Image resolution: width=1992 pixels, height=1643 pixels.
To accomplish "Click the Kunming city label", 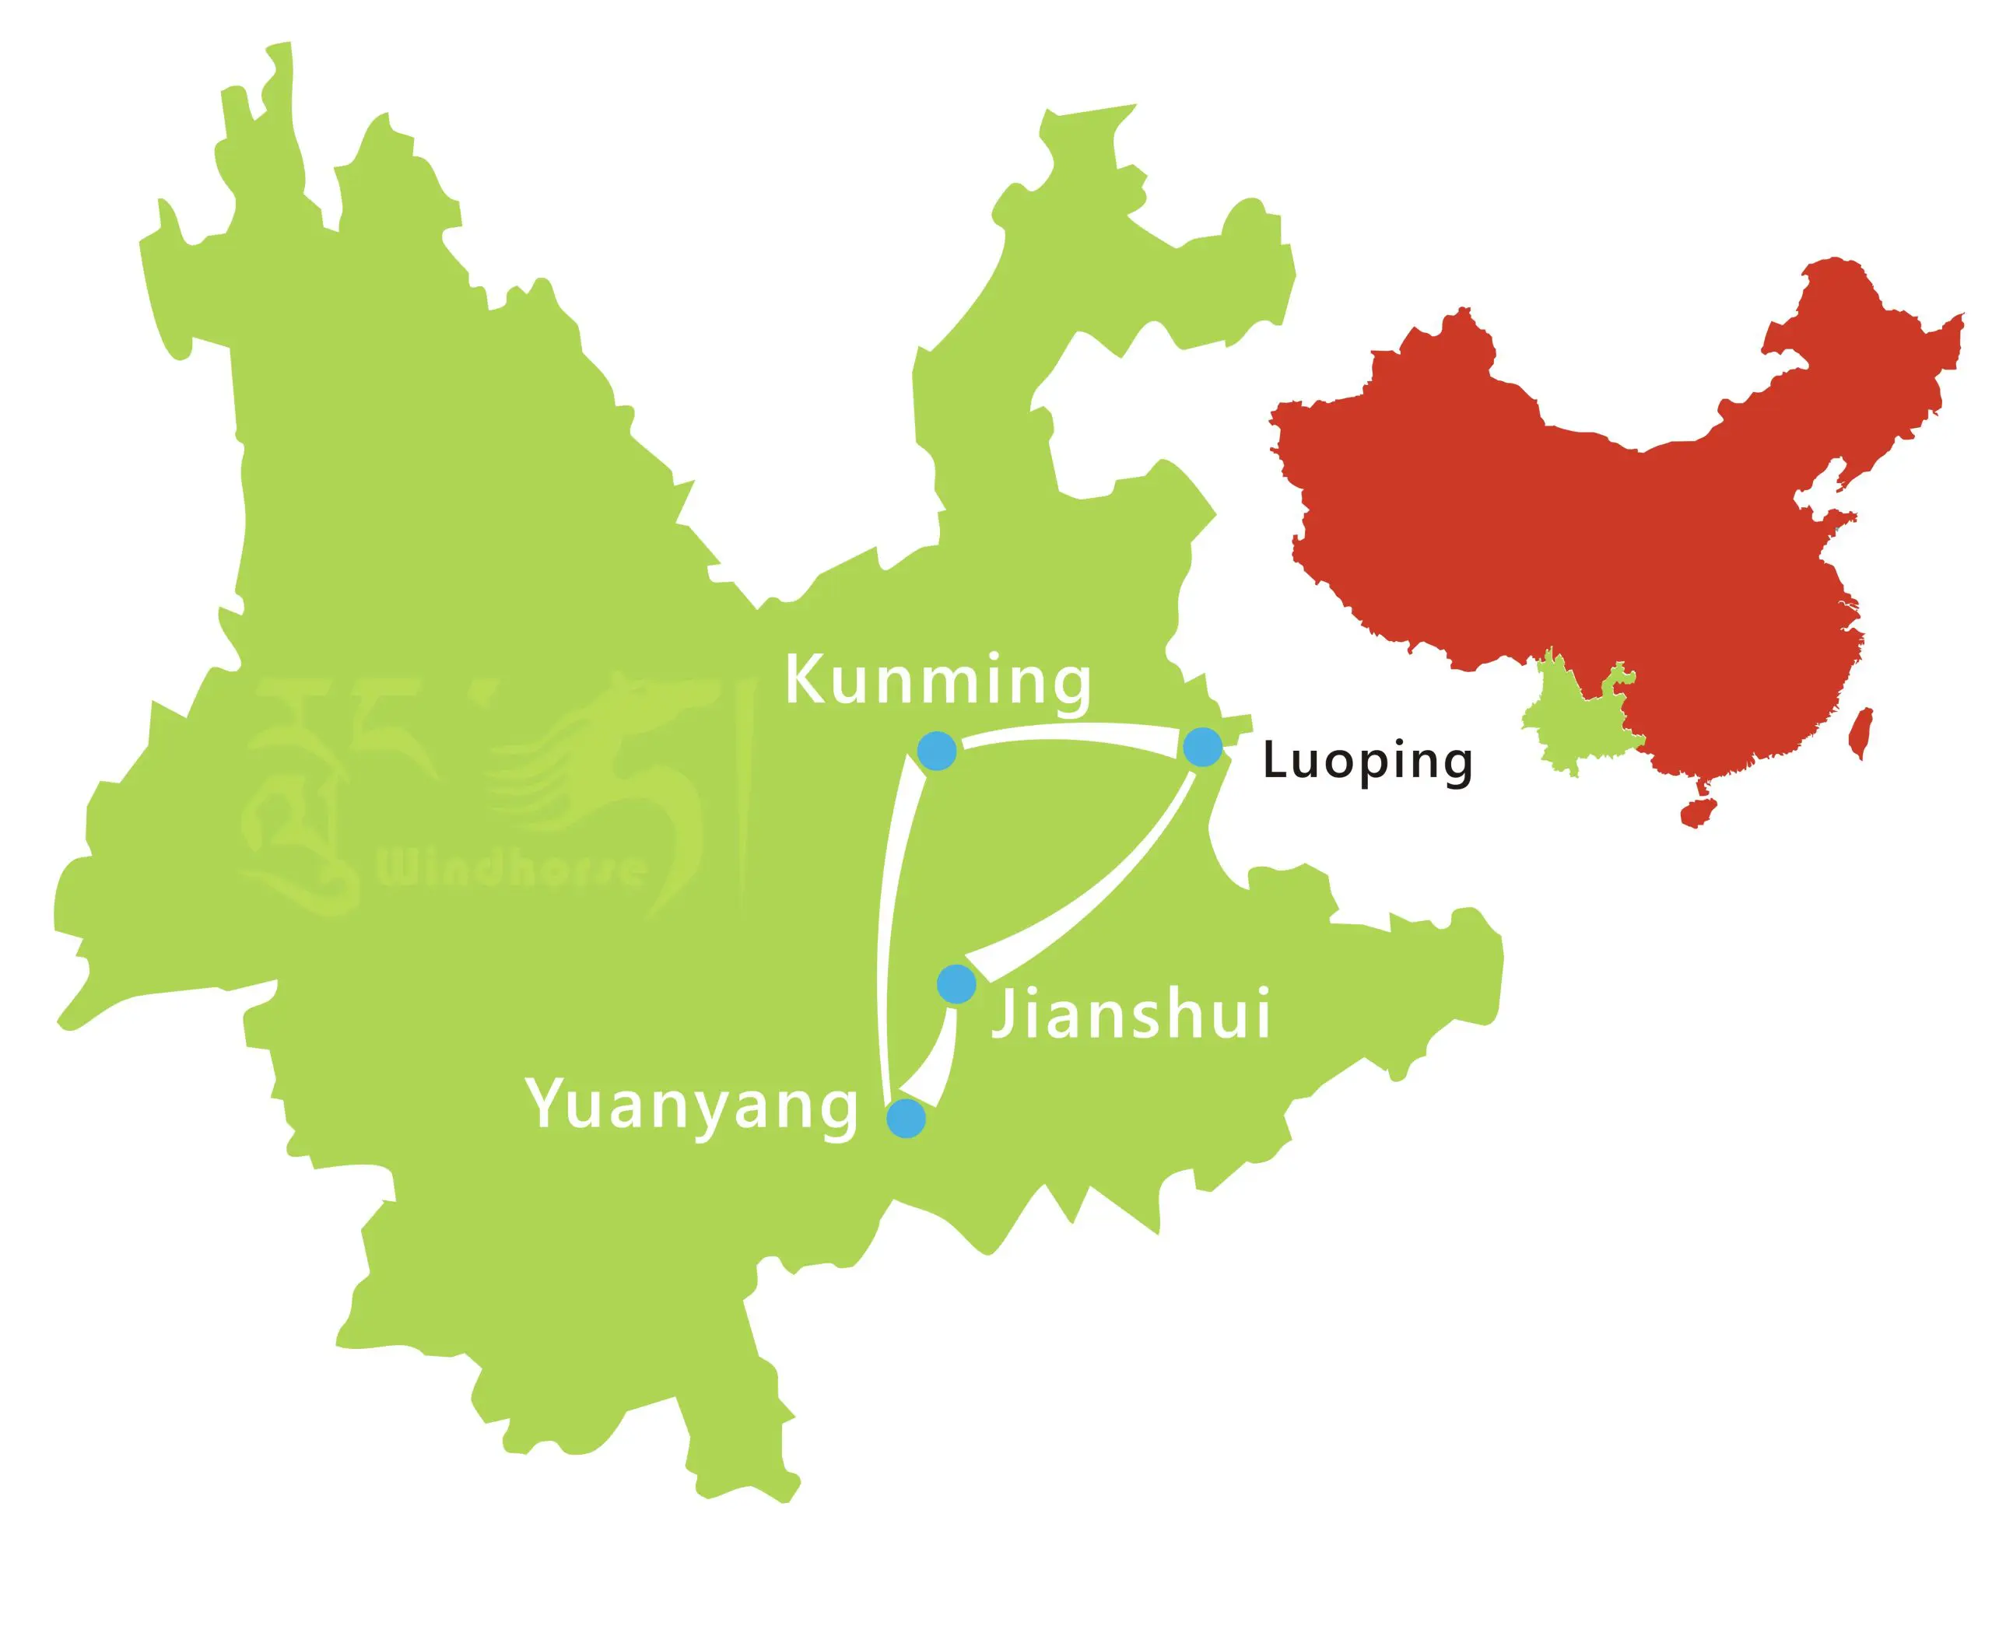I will click(x=938, y=681).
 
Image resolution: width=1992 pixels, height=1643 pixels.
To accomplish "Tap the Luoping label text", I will click(x=1367, y=762).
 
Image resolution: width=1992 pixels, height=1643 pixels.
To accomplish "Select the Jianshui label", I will click(x=1131, y=1015).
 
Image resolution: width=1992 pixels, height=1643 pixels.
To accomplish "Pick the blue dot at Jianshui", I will click(x=956, y=984).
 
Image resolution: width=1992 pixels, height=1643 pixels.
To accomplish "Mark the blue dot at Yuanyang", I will click(x=906, y=1118).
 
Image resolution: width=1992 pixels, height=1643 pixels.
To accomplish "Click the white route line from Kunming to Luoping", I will click(x=1070, y=731).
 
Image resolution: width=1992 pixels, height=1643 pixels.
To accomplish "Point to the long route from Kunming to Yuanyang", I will click(x=890, y=927).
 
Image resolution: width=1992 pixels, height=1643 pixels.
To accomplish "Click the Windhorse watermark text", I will click(x=511, y=867).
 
